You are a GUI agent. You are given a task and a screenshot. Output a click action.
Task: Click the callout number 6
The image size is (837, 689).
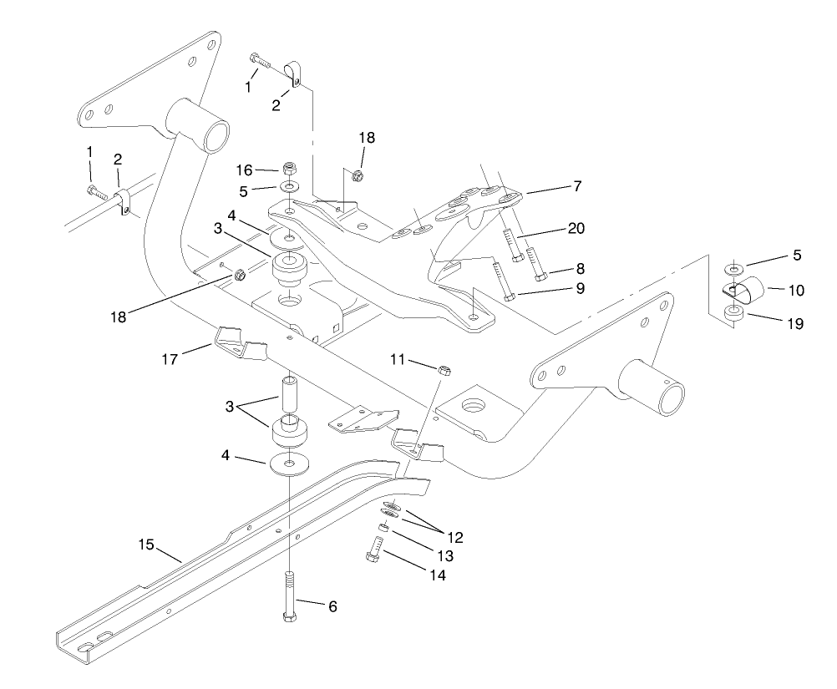332,607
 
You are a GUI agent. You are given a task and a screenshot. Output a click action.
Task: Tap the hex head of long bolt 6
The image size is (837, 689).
289,617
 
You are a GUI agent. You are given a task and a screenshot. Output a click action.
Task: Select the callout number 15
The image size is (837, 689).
146,545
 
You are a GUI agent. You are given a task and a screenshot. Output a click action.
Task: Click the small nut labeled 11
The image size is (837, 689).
445,368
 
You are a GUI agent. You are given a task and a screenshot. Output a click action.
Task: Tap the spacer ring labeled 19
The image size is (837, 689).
734,313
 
